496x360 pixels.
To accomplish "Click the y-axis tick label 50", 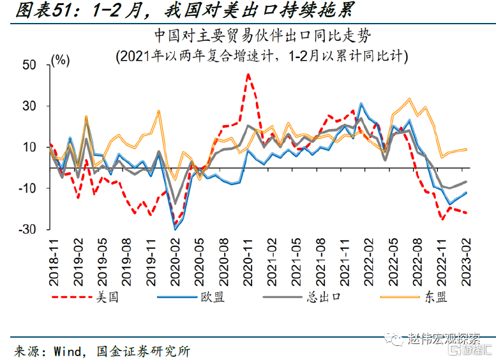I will click(31, 65).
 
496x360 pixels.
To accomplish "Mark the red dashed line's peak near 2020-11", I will click(248, 75).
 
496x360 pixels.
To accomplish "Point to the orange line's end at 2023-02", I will click(466, 149).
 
